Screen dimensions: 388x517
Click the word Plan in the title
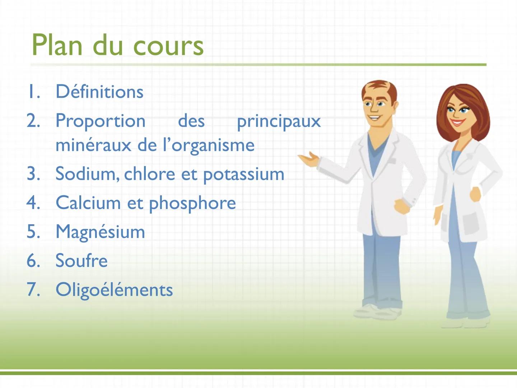(57, 45)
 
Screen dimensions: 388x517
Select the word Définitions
(99, 92)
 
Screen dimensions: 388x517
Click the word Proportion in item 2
(101, 121)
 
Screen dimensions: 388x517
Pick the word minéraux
(94, 145)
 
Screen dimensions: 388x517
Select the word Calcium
(88, 203)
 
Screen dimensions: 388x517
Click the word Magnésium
(100, 232)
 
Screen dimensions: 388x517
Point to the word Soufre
(81, 260)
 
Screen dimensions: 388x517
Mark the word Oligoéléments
(114, 290)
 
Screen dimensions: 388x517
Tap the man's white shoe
(373, 311)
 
